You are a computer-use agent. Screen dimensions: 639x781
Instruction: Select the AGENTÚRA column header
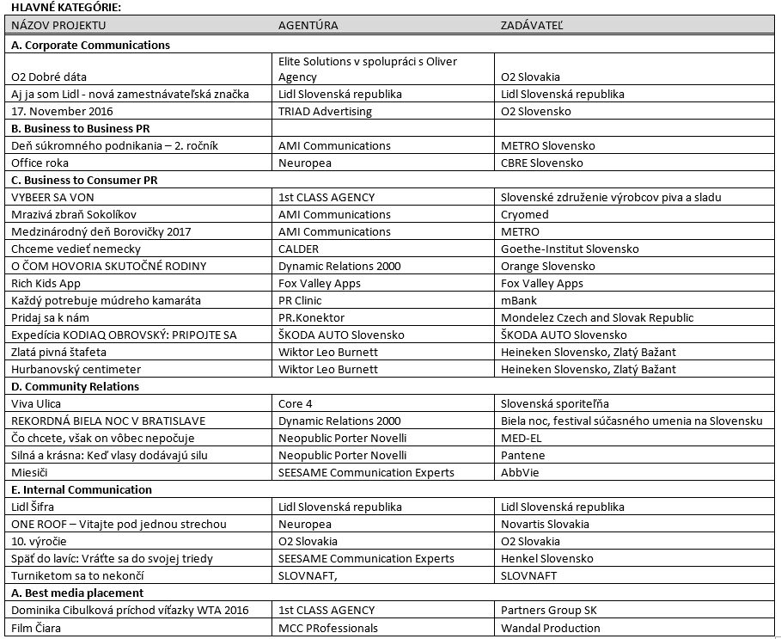tap(308, 25)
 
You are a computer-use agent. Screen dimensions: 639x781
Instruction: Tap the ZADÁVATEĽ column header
tap(532, 25)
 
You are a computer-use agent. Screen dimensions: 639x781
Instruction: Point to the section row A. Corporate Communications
tap(91, 45)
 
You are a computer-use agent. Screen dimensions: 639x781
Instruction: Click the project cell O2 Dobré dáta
tap(49, 77)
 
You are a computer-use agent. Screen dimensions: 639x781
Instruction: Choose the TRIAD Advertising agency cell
tap(326, 111)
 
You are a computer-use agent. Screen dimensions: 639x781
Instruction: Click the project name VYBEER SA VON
tap(54, 197)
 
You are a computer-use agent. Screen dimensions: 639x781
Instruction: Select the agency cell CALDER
tap(299, 249)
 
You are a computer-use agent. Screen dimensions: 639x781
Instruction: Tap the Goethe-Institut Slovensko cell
tap(570, 249)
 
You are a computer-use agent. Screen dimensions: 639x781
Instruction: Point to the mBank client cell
tap(519, 300)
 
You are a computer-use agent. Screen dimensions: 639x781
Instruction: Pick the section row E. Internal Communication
tap(82, 489)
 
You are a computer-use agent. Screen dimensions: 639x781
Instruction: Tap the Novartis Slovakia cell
tap(545, 524)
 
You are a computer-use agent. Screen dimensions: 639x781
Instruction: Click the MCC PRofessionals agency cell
tap(328, 628)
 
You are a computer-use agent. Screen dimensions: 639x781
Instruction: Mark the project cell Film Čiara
tap(36, 628)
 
